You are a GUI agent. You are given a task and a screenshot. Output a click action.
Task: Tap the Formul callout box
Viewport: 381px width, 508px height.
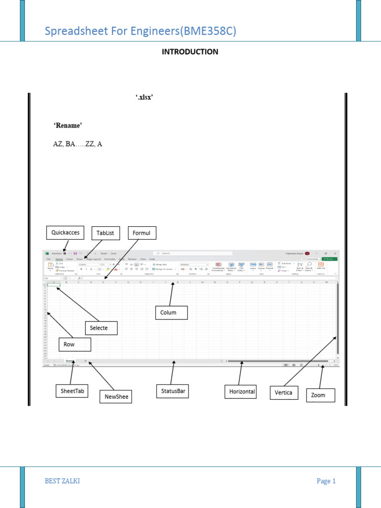click(142, 233)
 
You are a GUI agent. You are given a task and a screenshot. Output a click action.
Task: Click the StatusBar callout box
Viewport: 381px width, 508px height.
click(173, 391)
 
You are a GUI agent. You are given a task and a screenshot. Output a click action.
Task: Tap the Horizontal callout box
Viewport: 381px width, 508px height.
click(242, 391)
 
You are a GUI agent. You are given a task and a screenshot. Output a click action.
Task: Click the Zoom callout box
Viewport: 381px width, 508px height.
click(318, 395)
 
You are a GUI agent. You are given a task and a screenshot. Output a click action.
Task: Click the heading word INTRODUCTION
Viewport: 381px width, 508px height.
click(190, 52)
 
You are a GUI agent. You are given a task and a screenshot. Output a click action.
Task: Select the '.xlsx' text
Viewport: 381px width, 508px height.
click(144, 98)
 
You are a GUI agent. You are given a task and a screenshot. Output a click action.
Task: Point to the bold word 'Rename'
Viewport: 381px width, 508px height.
click(67, 126)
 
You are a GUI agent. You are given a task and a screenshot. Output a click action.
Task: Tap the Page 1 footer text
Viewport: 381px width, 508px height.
click(326, 481)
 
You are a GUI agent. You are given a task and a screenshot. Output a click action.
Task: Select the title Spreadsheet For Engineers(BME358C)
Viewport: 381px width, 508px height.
click(140, 32)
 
